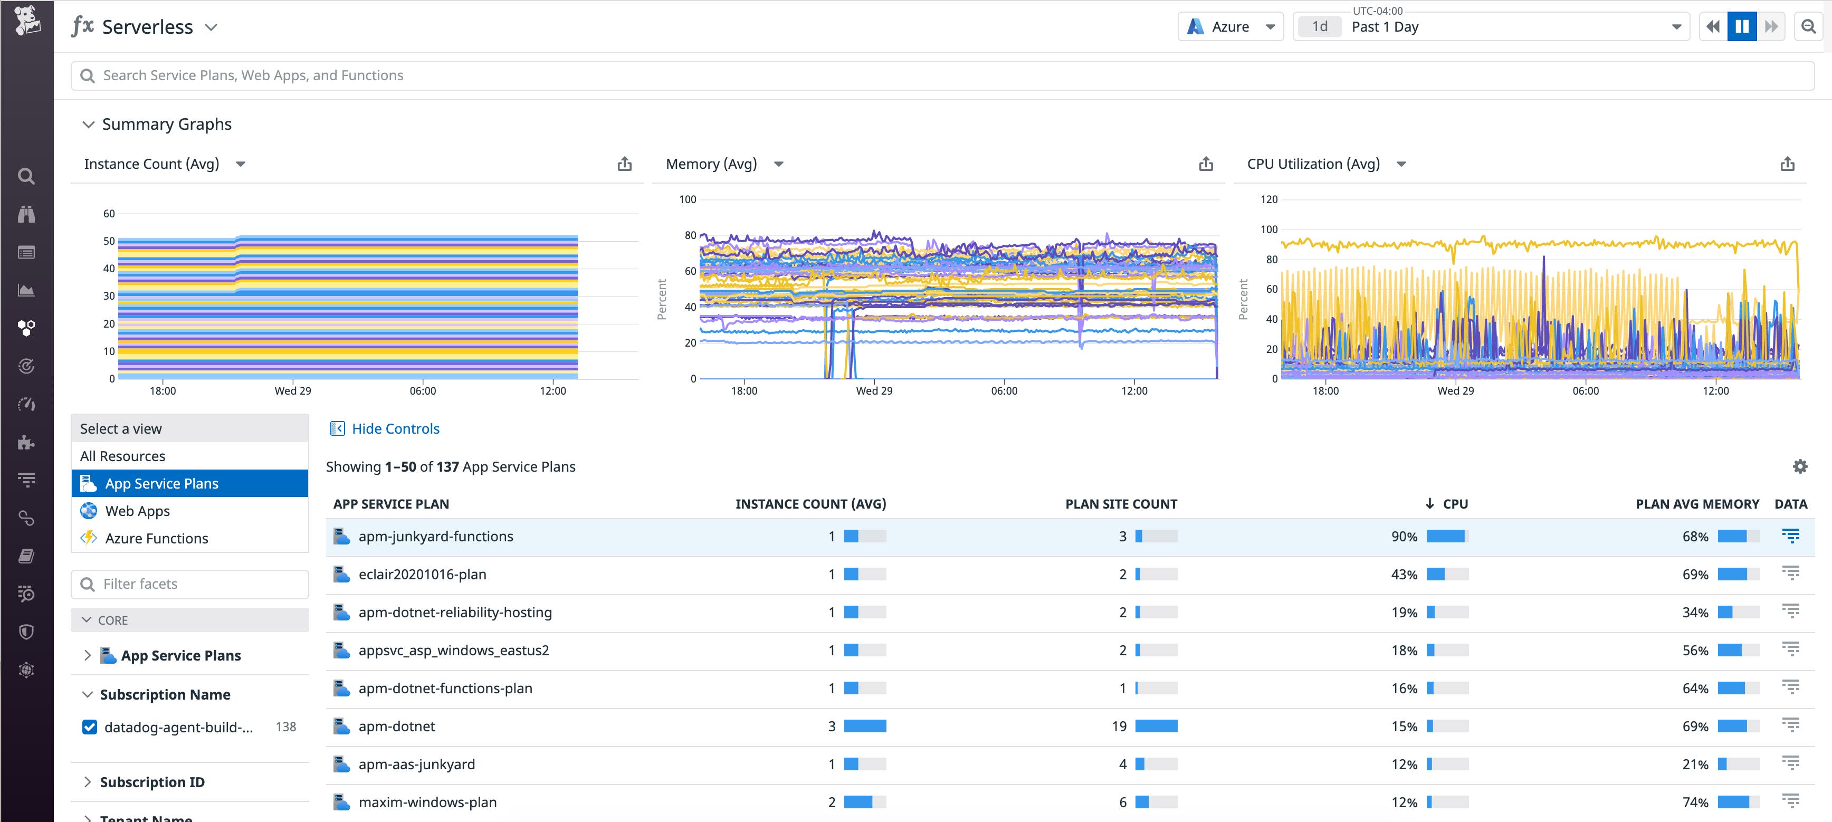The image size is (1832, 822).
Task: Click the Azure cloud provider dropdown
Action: [1230, 27]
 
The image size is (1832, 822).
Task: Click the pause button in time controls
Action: [1742, 27]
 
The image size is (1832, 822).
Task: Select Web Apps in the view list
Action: [137, 511]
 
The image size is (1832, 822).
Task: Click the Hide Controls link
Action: [395, 429]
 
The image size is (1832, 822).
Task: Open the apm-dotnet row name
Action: [396, 726]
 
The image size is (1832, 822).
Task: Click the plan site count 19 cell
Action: [1119, 726]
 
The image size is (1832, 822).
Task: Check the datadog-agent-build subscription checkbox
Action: [90, 727]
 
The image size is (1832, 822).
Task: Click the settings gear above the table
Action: [1799, 466]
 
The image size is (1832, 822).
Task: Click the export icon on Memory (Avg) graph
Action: [1206, 164]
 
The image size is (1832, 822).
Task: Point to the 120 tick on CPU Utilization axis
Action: [1269, 200]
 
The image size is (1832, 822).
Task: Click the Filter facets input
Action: [190, 584]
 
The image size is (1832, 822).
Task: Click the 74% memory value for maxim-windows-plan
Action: [1695, 802]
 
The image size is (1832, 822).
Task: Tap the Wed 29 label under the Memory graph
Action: [873, 391]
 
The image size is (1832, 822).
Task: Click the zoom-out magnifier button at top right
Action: [1808, 27]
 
